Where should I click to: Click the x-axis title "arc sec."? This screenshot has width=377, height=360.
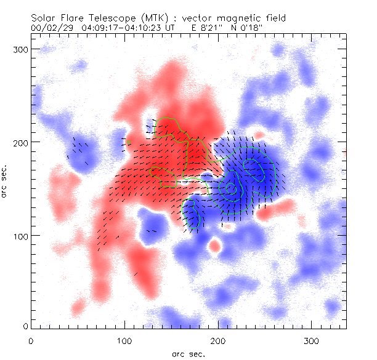pos(187,353)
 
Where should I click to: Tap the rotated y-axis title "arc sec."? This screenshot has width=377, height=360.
pos(6,180)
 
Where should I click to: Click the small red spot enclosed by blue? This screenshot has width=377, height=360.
pos(214,246)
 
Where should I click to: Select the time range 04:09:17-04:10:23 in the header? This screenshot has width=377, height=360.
pos(121,27)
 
